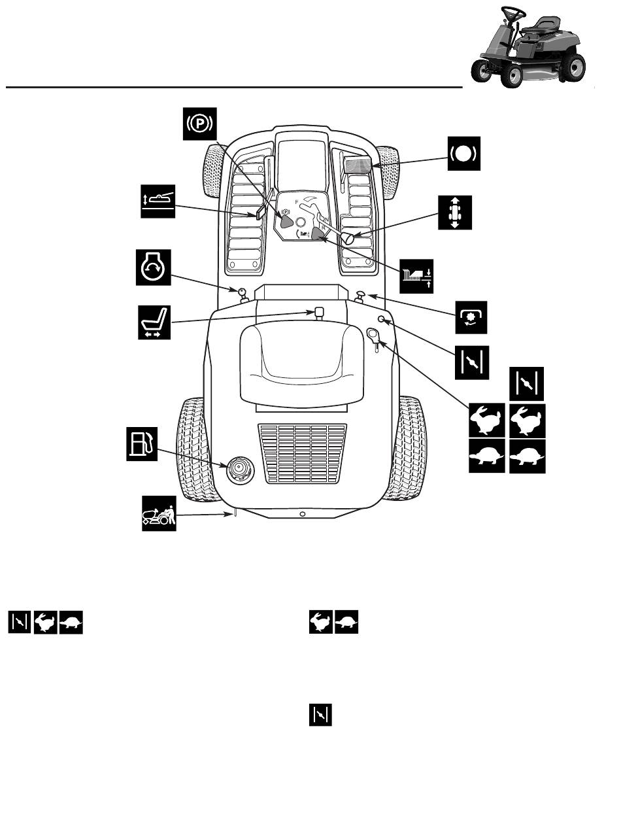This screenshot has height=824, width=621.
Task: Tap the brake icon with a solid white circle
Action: point(464,154)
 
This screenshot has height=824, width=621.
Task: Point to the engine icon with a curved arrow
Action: point(153,266)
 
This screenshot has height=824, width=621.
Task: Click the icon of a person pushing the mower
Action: point(158,513)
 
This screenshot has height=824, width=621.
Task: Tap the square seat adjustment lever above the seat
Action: point(320,313)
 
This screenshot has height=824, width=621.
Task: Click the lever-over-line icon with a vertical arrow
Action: point(158,201)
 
